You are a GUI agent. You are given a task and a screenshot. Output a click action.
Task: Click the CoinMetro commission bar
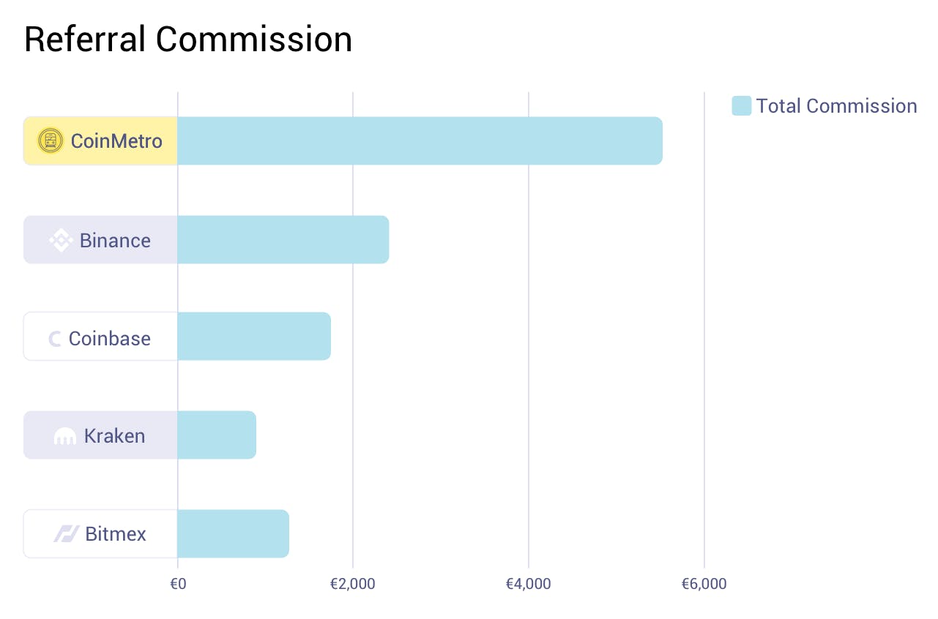click(x=420, y=140)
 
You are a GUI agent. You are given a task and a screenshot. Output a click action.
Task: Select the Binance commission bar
click(x=283, y=239)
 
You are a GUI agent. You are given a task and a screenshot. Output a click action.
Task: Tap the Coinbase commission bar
click(x=253, y=337)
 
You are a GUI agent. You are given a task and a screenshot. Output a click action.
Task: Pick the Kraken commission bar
click(x=216, y=435)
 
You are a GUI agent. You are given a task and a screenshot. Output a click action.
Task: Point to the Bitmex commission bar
click(x=233, y=533)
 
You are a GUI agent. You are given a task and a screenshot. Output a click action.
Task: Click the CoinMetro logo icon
click(x=51, y=140)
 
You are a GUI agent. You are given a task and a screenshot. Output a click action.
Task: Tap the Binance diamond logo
click(x=61, y=240)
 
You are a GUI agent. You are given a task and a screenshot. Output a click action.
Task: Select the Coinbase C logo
click(x=55, y=338)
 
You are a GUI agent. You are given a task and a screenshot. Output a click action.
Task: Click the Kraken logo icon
click(x=65, y=437)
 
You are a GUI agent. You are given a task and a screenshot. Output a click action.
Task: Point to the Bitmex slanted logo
click(x=66, y=534)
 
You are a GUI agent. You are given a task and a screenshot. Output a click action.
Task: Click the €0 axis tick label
click(x=177, y=584)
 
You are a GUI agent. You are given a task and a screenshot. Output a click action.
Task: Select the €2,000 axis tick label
click(x=352, y=584)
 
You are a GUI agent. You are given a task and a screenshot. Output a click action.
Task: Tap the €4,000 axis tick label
click(x=528, y=584)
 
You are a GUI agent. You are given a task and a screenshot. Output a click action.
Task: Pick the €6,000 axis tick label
click(x=704, y=584)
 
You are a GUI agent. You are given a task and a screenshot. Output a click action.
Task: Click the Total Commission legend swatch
click(x=741, y=106)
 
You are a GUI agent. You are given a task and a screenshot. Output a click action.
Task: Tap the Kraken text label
click(x=114, y=436)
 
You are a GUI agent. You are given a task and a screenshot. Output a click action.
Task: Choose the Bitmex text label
click(x=116, y=534)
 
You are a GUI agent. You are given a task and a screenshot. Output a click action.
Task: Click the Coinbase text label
click(x=109, y=338)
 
